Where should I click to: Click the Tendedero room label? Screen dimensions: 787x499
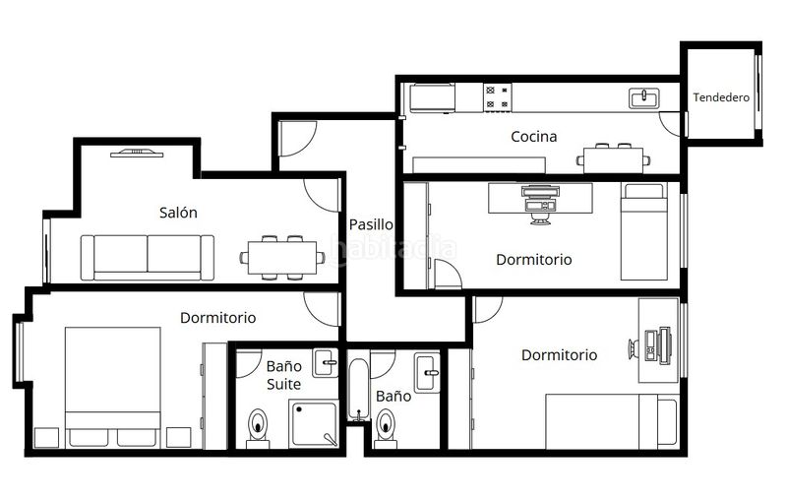[721, 97]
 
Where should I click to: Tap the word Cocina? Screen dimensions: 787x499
[533, 137]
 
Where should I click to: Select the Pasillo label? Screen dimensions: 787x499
[371, 224]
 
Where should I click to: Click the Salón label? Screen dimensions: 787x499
[178, 213]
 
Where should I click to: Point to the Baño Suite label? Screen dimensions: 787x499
[284, 375]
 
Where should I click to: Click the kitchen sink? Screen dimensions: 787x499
[644, 98]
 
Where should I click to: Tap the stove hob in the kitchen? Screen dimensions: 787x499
[498, 97]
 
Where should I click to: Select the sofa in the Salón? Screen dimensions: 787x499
[148, 258]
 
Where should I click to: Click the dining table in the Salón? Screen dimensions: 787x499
[282, 258]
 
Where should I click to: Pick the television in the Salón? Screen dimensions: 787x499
[137, 154]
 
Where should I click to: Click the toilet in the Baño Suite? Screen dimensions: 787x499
[258, 428]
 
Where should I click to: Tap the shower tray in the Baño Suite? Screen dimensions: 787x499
[314, 422]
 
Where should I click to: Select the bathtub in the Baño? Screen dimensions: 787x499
[358, 390]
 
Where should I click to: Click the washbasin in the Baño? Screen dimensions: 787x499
[427, 372]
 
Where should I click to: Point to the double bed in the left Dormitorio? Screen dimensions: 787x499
[113, 387]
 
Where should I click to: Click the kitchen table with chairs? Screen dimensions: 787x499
[613, 158]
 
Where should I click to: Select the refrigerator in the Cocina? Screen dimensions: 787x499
[433, 97]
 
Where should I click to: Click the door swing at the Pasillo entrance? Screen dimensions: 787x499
[298, 138]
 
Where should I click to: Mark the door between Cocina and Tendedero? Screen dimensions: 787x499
[672, 123]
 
